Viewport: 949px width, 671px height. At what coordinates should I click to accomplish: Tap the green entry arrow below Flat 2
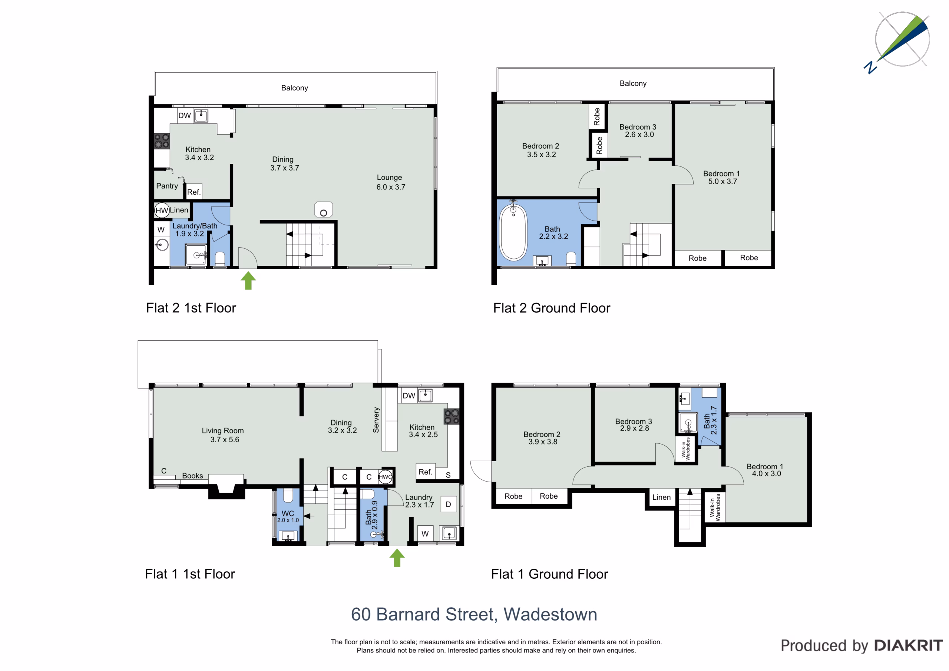coord(248,280)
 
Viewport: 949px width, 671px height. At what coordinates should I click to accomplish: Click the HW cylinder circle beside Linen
coord(162,210)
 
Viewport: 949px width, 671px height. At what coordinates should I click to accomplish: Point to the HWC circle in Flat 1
coord(385,477)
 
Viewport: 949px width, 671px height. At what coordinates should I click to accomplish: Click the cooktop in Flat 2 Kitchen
coord(162,141)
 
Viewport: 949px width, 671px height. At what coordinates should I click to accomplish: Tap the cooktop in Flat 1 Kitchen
coord(452,416)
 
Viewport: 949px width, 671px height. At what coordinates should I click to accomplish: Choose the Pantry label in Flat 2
coord(167,186)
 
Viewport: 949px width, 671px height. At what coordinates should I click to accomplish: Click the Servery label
coord(376,420)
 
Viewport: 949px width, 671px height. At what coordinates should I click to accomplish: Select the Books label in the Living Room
coord(193,476)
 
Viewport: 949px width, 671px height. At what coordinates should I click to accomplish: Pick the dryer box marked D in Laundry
coord(449,504)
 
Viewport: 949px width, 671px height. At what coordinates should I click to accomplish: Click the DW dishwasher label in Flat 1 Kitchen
coord(409,396)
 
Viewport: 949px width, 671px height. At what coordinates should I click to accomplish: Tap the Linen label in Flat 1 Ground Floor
coord(661,497)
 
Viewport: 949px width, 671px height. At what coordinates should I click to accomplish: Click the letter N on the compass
coord(870,67)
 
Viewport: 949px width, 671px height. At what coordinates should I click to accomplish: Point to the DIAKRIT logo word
coord(909,645)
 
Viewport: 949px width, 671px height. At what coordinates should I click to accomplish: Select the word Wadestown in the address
coord(550,614)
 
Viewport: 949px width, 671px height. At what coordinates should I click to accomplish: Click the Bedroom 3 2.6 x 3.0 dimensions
coord(639,134)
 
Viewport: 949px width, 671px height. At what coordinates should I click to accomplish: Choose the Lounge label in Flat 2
coord(389,177)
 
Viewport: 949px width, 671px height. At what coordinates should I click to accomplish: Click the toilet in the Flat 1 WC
coord(288,495)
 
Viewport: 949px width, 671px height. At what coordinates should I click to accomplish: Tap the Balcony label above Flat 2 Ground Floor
coord(633,83)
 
